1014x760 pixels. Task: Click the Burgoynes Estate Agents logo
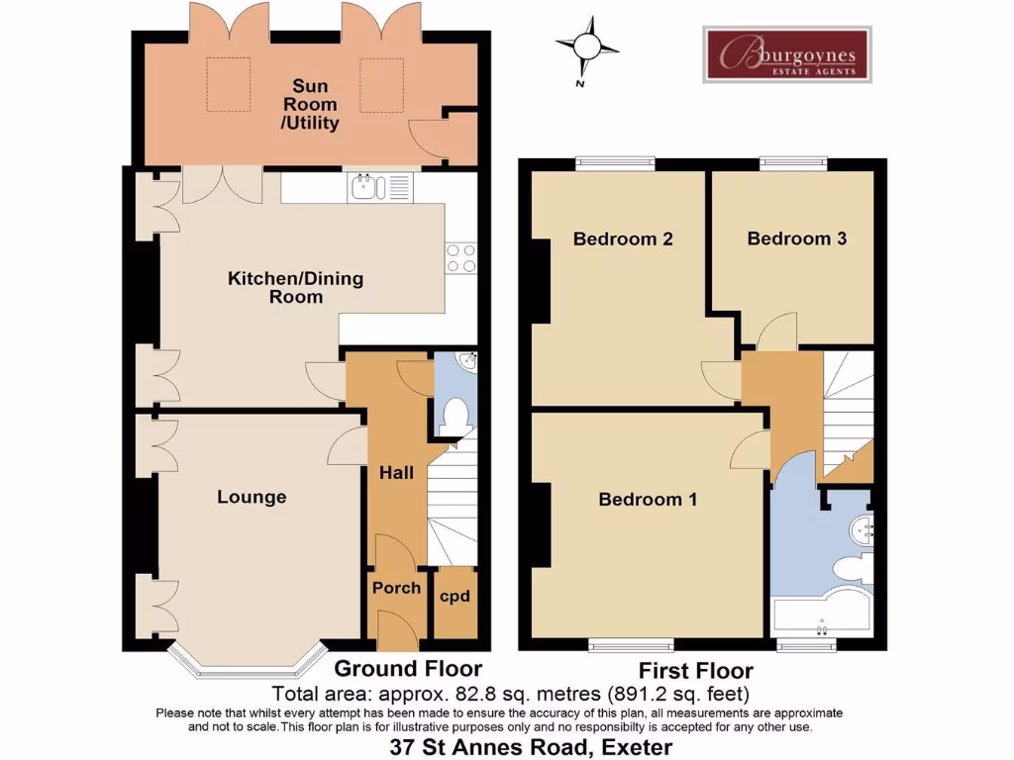[786, 54]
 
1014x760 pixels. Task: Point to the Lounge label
[252, 497]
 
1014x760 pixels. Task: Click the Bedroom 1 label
[648, 499]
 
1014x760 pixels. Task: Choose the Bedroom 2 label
[623, 238]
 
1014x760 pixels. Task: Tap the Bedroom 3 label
[796, 238]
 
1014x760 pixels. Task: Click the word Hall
[396, 473]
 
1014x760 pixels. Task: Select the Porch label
[396, 588]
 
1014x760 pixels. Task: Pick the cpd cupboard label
[455, 596]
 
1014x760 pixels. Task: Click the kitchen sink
[365, 186]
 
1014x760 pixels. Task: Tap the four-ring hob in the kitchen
[460, 258]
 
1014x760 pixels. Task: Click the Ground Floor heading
[408, 669]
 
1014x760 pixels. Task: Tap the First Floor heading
[695, 670]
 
